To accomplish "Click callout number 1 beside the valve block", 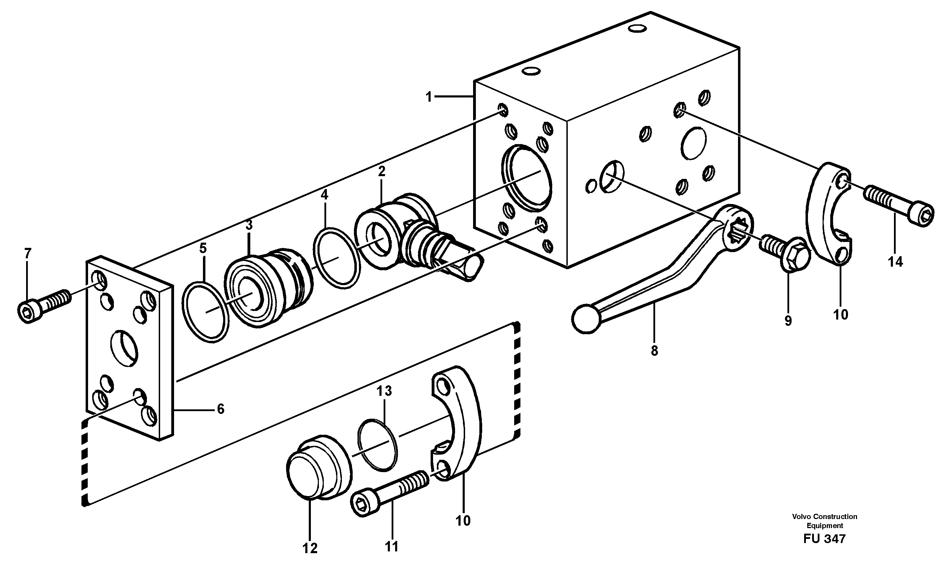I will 429,97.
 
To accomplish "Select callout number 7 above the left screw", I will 28,253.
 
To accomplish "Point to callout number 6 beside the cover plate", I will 221,409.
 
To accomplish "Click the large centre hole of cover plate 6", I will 124,347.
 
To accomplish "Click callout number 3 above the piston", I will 249,225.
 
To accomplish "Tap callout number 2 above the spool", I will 381,171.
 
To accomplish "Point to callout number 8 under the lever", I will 654,351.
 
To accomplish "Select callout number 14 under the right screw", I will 895,262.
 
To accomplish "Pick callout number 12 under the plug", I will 309,548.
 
